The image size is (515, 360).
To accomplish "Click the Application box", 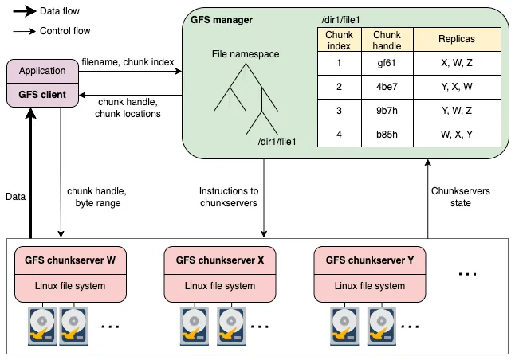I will tap(42, 71).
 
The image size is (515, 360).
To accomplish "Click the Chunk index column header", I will tap(339, 40).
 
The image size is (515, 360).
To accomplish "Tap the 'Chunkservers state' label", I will tap(462, 197).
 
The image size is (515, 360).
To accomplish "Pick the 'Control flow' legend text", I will tap(65, 31).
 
